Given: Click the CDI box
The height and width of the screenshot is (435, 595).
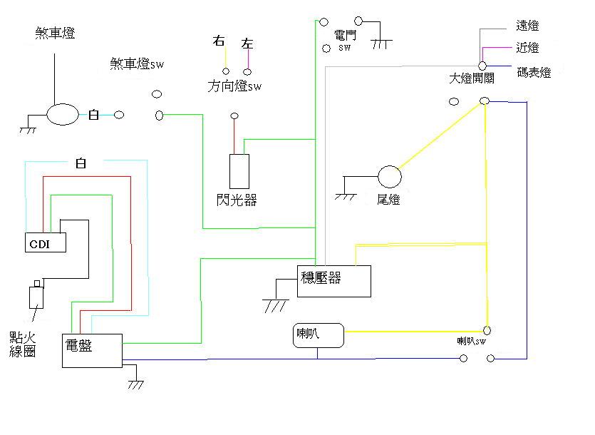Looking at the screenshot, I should (x=46, y=243).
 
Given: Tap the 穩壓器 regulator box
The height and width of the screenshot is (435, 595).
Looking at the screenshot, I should (x=334, y=281).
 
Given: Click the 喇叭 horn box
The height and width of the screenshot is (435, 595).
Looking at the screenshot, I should (x=319, y=336).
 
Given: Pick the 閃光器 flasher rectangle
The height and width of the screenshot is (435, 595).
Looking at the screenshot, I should (x=239, y=171).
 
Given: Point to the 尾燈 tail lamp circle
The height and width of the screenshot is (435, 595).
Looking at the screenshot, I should (x=389, y=176).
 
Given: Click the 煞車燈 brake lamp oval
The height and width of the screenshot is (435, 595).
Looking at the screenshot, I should (x=63, y=114).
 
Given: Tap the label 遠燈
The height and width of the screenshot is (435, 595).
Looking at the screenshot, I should (x=527, y=26).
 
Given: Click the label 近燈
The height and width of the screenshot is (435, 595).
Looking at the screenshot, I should (x=527, y=48).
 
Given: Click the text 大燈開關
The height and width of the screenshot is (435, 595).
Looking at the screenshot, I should (x=471, y=78).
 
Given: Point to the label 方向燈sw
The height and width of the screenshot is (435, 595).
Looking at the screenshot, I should (x=234, y=87).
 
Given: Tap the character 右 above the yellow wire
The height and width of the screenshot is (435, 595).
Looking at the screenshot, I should (x=219, y=41).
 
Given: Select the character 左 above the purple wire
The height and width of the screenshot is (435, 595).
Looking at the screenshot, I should (x=247, y=44).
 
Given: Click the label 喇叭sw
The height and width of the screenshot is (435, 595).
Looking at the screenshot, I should (x=472, y=342).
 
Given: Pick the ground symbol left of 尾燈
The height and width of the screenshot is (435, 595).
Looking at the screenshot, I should (x=346, y=195).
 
